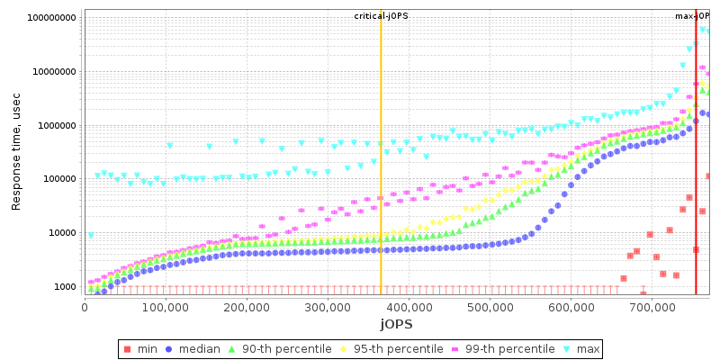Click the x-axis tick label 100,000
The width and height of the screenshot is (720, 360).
(x=166, y=306)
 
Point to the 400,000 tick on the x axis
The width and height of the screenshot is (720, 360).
(x=409, y=306)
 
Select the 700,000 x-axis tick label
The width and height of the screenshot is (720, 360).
(x=652, y=306)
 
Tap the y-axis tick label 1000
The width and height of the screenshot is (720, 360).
(x=65, y=287)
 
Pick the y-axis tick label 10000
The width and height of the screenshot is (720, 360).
(x=61, y=233)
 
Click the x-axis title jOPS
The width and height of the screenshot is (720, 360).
(x=396, y=323)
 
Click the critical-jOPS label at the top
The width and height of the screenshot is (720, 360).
(x=381, y=16)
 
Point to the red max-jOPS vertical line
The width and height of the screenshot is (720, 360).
(x=696, y=180)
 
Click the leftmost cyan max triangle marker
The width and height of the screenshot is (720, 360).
(x=90, y=236)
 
